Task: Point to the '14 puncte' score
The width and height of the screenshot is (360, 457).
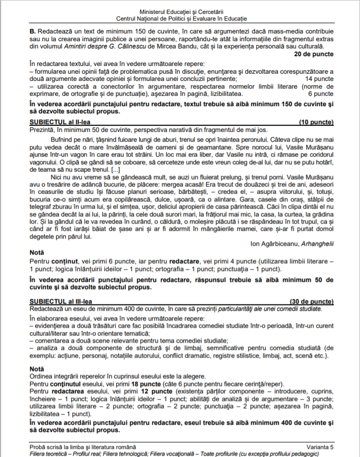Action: tap(319, 79)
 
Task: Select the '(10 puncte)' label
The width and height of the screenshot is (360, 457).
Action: tap(316, 122)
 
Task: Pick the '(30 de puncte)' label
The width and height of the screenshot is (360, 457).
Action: tap(312, 301)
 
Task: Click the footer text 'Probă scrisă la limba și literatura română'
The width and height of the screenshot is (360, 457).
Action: tap(83, 446)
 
